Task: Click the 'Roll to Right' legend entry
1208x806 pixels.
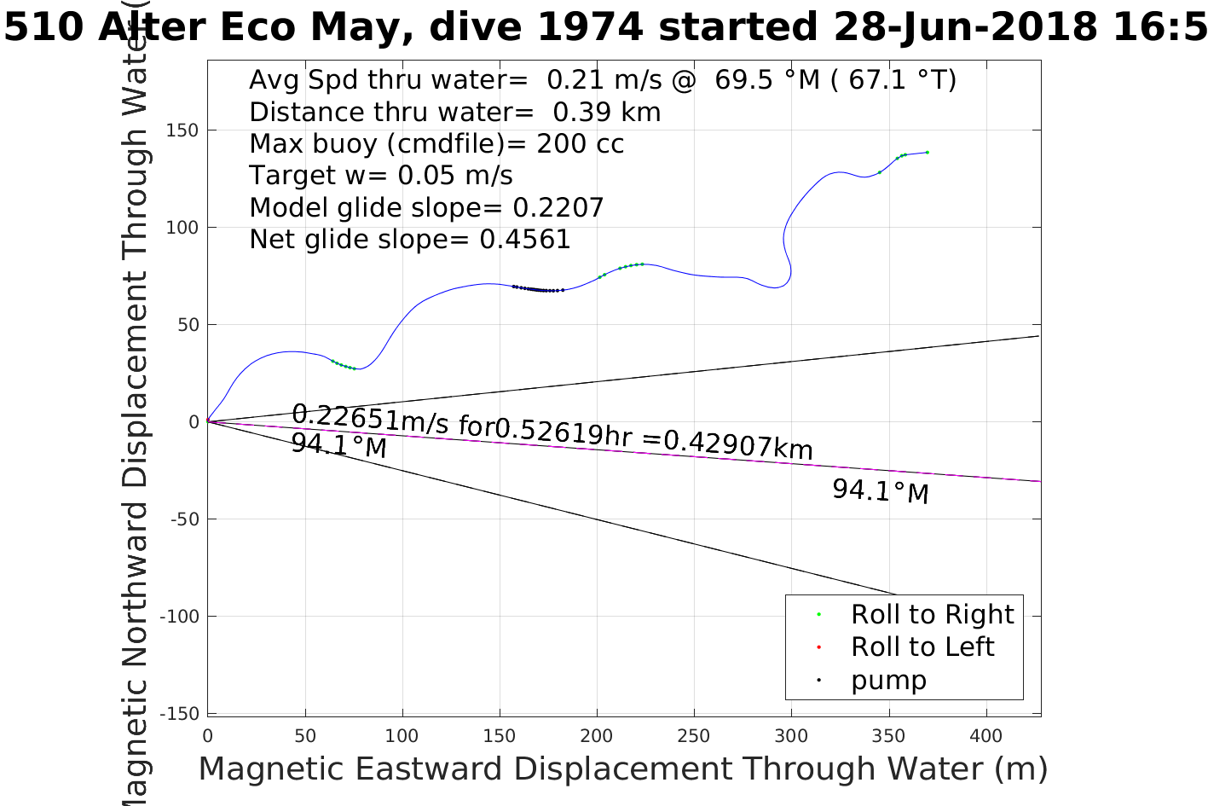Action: [x=932, y=614]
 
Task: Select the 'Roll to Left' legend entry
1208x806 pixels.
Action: [x=922, y=647]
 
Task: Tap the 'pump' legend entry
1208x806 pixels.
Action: [x=888, y=680]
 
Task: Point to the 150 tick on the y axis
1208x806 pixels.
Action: [x=187, y=130]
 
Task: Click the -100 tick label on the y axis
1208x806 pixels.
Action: [x=182, y=616]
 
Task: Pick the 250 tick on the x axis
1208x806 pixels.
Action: [x=694, y=735]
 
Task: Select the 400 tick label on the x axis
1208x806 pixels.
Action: [x=986, y=735]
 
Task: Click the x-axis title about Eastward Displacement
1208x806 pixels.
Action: [x=622, y=768]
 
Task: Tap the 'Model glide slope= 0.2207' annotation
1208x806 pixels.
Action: [x=426, y=207]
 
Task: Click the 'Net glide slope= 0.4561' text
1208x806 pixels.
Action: [x=409, y=240]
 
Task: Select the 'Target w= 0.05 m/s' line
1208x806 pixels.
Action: [x=380, y=176]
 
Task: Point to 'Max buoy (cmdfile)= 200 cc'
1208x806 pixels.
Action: [x=436, y=143]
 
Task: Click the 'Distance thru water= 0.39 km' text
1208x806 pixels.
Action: [x=454, y=112]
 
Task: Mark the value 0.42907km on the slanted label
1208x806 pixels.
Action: [x=738, y=444]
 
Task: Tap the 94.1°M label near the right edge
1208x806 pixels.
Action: [x=880, y=491]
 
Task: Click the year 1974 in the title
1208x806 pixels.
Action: [x=590, y=27]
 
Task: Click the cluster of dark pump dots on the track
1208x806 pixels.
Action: [x=539, y=289]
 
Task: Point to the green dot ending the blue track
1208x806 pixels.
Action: [x=927, y=152]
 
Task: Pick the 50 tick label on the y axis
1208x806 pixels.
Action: [x=187, y=325]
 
